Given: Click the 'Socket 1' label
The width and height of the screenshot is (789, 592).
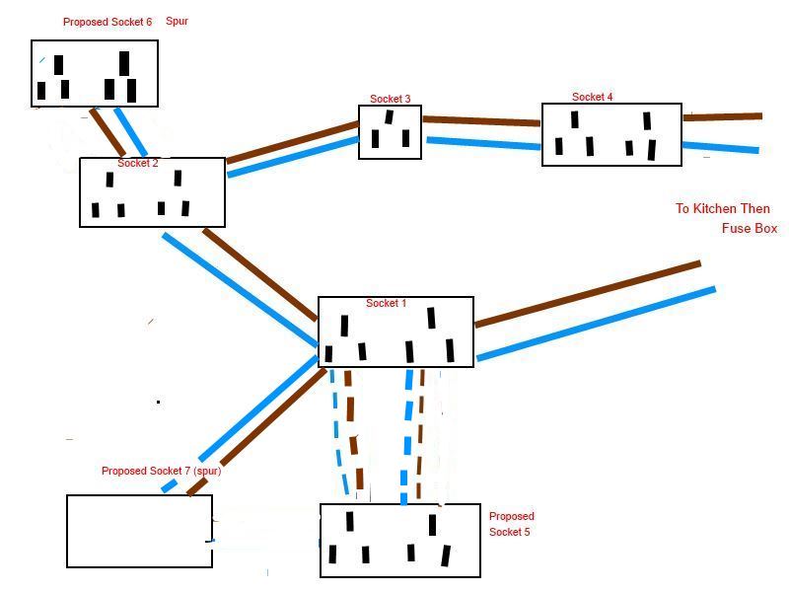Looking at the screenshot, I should click(386, 303).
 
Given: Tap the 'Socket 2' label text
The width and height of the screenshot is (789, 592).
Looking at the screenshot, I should click(137, 163).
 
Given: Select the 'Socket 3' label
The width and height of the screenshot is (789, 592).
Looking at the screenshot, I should click(390, 99).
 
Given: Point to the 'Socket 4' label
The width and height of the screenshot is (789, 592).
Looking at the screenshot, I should click(592, 97).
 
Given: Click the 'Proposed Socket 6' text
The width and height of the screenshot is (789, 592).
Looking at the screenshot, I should click(108, 22).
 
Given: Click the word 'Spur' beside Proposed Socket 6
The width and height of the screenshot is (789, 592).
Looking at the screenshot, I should click(177, 21).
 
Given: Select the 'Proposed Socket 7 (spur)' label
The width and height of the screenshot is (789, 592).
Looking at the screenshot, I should click(161, 471).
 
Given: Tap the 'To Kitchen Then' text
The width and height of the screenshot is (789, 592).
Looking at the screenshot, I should click(722, 209).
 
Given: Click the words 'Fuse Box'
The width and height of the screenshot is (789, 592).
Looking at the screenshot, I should click(750, 229).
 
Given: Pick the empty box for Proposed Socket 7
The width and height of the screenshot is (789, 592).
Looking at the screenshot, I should click(139, 531).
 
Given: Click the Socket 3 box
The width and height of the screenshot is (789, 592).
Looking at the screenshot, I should click(390, 133).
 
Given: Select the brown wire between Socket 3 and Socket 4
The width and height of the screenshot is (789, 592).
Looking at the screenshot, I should click(481, 121).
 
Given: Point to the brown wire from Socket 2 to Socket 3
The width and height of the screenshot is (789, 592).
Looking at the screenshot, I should click(292, 141).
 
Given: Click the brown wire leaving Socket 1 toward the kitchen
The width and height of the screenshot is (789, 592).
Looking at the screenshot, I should click(587, 293).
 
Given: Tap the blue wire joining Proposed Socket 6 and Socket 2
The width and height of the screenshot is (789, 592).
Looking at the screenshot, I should click(130, 131).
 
